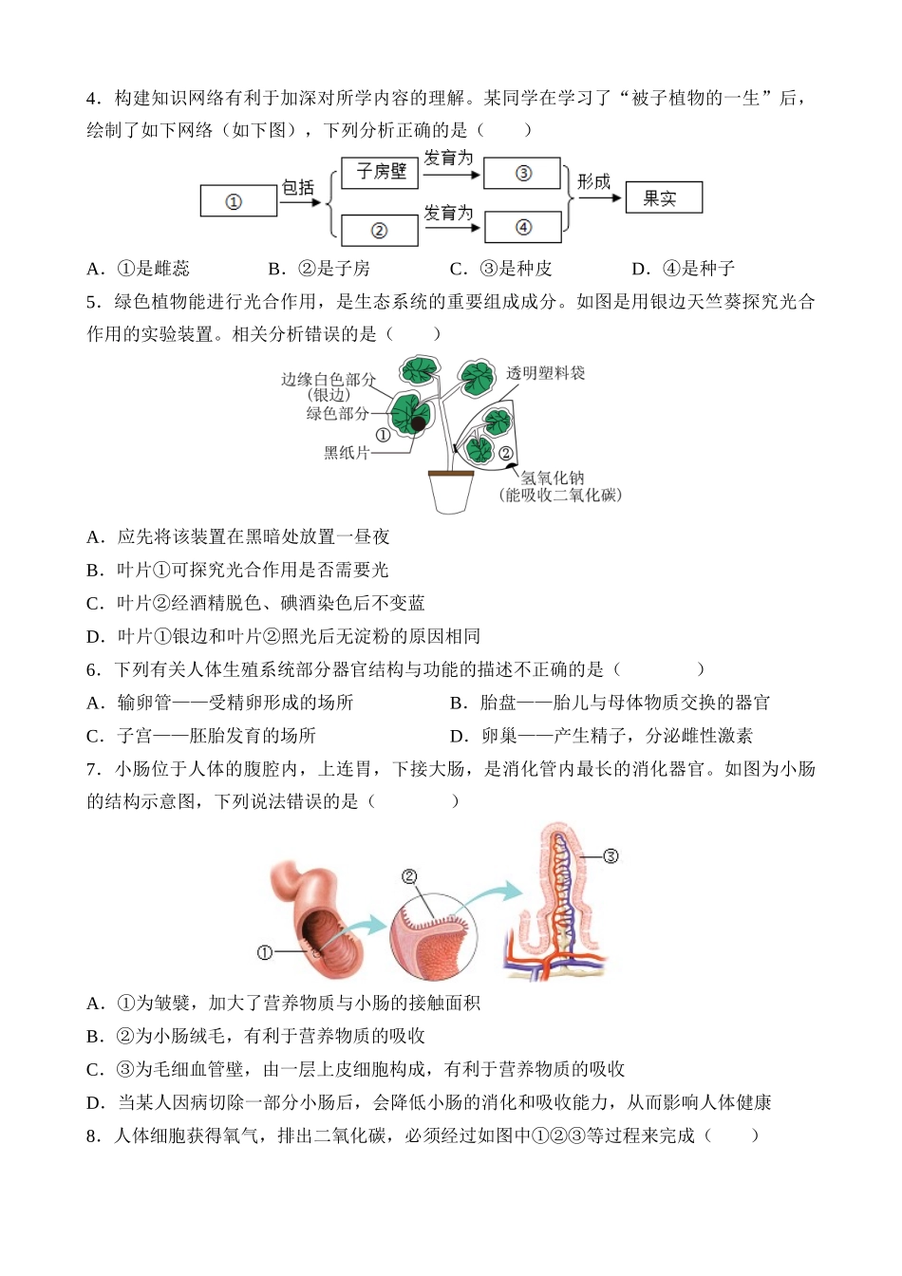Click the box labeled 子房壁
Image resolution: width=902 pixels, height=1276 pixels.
coord(380,173)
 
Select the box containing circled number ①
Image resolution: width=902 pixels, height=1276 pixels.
coord(238,200)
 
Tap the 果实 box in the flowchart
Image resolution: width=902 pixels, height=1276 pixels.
coord(664,197)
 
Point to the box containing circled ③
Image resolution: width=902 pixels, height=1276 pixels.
coord(522,173)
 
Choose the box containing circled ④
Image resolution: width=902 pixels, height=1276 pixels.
coord(523,227)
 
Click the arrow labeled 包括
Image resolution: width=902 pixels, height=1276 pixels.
coord(300,201)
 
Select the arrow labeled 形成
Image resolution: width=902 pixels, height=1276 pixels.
coord(599,197)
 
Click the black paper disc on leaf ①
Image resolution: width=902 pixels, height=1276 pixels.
coord(419,422)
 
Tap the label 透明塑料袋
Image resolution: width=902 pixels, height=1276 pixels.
coord(545,373)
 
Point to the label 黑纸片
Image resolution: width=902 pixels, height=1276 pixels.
coord(347,453)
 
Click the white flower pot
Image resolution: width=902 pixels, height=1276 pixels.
coord(451,492)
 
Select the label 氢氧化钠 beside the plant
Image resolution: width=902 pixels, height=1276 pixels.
coord(553,478)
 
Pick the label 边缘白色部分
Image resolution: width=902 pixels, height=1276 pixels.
coord(329,379)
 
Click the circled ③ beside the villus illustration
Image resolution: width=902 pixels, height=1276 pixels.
coord(611,873)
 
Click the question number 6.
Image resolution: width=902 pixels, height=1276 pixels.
coord(93,670)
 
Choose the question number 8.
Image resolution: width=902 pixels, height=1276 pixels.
coord(93,1137)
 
